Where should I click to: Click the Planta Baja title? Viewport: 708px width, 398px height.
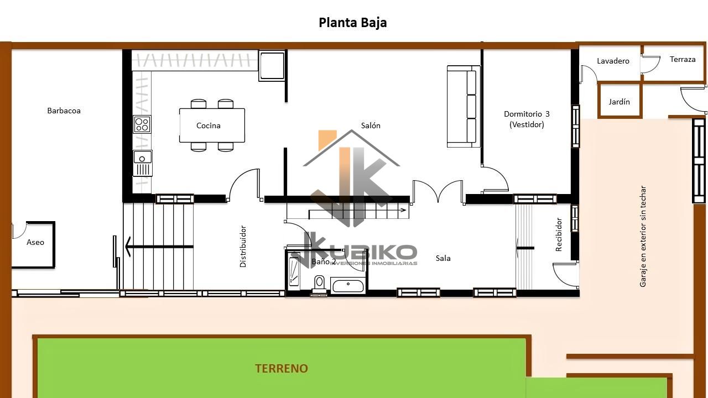coord(352,23)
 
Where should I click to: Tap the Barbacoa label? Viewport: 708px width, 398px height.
coord(64,111)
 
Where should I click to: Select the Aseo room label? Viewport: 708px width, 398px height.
coord(35,242)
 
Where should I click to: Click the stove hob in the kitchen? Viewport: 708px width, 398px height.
coord(142,124)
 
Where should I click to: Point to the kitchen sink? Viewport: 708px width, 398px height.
coord(143,163)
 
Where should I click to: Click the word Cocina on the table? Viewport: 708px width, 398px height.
coord(209,125)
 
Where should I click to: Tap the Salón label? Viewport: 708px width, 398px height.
coord(371,125)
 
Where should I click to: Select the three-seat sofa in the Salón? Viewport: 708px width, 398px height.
coord(464,107)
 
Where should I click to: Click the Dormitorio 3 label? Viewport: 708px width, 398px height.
coord(527,114)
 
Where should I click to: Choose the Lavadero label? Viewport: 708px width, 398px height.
coord(613,61)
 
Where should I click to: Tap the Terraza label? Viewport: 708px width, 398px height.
coord(683,59)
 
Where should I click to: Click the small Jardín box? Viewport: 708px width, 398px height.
coord(619,101)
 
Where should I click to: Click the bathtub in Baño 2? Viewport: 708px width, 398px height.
coord(348,285)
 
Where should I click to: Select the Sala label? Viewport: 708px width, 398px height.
coord(443,258)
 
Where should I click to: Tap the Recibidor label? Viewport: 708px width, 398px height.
coord(559,234)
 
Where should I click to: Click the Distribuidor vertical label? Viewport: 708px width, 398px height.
coord(243,247)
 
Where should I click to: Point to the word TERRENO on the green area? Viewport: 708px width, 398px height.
coord(282,368)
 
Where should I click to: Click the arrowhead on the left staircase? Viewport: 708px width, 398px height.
coord(128,247)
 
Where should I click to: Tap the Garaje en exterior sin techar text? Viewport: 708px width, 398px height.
coord(643,236)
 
